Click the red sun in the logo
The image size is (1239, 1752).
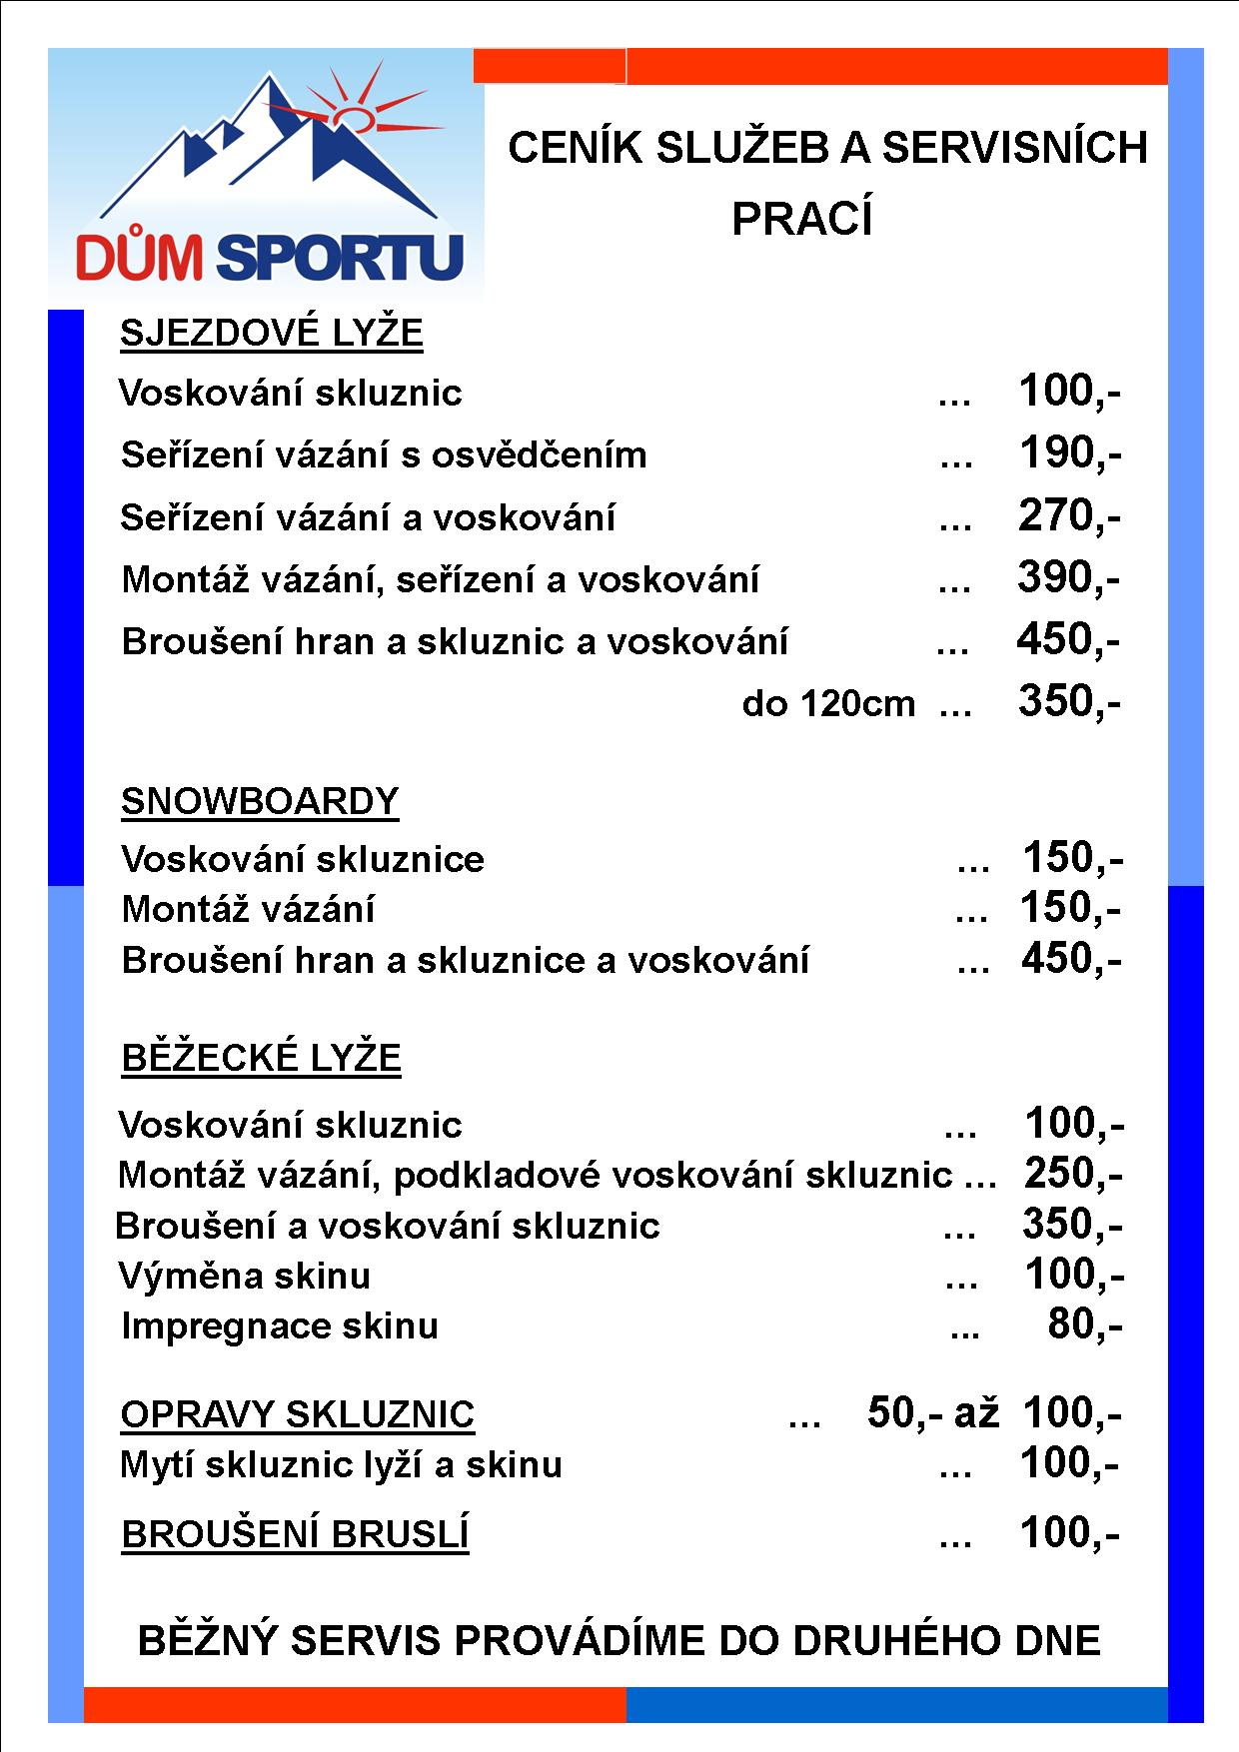[x=353, y=118]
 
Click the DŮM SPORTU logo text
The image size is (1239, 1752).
[x=270, y=257]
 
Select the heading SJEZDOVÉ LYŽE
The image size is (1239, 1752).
[x=271, y=333]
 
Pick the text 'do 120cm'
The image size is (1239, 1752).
[x=828, y=703]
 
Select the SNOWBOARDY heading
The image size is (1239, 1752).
[x=260, y=801]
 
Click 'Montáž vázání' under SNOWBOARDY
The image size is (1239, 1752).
[x=248, y=909]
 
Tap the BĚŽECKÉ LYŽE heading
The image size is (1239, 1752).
[x=261, y=1057]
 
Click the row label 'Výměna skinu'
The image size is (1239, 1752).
[x=244, y=1276]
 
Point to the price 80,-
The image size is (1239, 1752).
[x=1085, y=1324]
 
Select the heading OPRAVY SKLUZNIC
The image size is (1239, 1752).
[x=297, y=1414]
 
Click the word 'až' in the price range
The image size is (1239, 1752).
[x=976, y=1412]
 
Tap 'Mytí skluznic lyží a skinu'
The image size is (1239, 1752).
[x=341, y=1464]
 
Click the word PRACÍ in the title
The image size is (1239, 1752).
[x=802, y=220]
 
